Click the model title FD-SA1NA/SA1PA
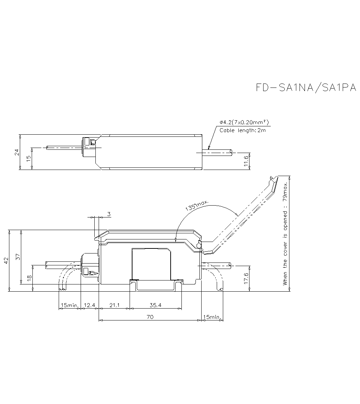pyautogui.click(x=306, y=88)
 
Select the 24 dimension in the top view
pyautogui.click(x=17, y=152)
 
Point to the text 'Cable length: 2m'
pyautogui.click(x=243, y=130)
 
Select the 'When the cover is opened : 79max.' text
pyautogui.click(x=285, y=234)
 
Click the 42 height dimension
pyautogui.click(x=5, y=260)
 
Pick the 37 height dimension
pyautogui.click(x=18, y=256)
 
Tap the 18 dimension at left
pyautogui.click(x=30, y=278)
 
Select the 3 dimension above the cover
pyautogui.click(x=109, y=214)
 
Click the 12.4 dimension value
pyautogui.click(x=89, y=305)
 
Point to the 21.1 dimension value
pyautogui.click(x=114, y=305)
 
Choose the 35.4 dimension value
pyautogui.click(x=155, y=305)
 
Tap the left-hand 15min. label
pyautogui.click(x=69, y=305)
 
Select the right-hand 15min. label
pyautogui.click(x=212, y=317)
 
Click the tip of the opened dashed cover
pyautogui.click(x=275, y=178)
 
